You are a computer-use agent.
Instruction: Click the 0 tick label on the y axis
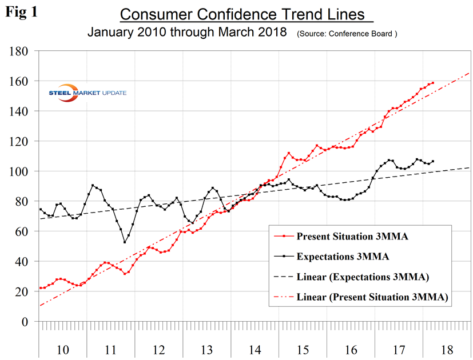coord(26,322)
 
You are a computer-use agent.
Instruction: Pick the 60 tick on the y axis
coord(21,231)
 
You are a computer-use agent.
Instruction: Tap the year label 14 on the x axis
coord(255,349)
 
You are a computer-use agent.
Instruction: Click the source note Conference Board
coord(347,34)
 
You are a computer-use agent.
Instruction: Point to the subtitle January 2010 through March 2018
coord(186,32)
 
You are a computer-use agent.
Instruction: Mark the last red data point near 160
coord(432,83)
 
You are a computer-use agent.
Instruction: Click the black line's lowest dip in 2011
coord(125,242)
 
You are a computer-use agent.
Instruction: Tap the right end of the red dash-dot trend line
coord(469,73)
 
